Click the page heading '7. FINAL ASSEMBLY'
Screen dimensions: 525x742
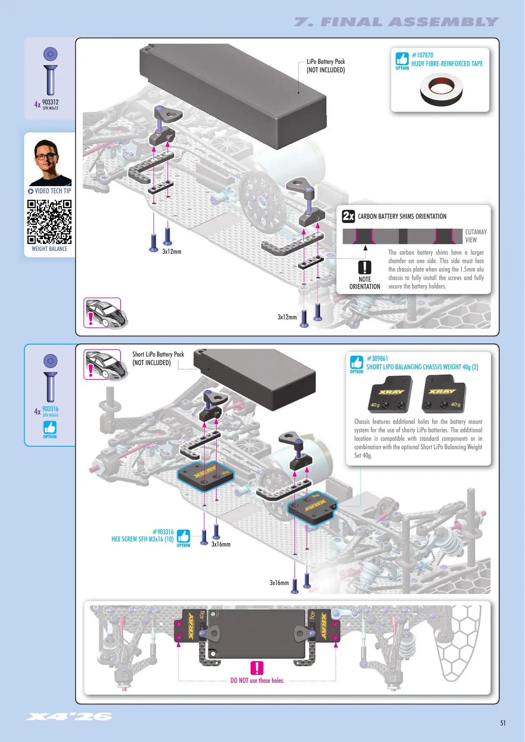396,22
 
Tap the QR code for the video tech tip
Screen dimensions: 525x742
49,222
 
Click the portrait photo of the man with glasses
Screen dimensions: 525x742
50,162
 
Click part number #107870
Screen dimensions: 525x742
422,55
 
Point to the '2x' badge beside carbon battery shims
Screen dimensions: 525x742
349,216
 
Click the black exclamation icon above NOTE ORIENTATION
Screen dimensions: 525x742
365,267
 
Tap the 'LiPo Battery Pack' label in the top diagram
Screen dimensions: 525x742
326,62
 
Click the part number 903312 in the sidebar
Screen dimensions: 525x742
50,102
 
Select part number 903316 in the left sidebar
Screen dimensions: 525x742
50,409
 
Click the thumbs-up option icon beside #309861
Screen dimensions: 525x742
357,363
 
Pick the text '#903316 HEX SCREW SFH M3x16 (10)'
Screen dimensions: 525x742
143,536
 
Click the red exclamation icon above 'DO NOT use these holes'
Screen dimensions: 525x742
257,668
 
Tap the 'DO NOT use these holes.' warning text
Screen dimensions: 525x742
257,681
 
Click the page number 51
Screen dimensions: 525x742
503,723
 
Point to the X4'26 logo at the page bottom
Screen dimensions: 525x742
69,716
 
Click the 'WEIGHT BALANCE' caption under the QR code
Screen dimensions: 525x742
49,249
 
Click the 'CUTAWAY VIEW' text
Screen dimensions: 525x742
476,236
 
